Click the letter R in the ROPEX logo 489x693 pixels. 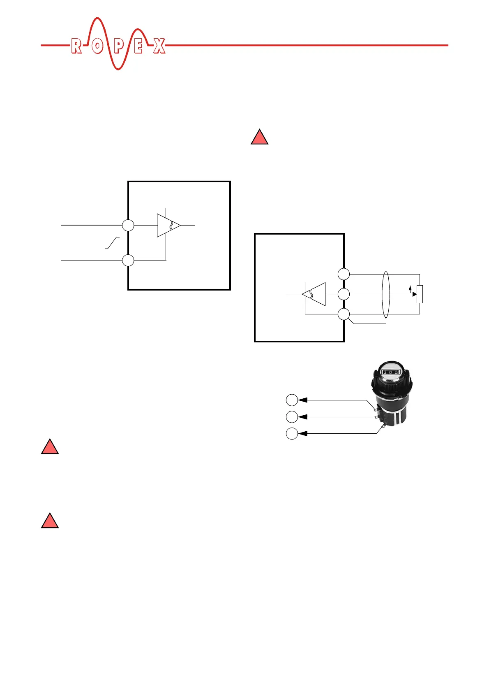76,46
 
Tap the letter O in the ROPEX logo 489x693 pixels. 97,46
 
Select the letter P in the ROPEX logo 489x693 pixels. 118,46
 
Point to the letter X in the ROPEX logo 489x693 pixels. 159,46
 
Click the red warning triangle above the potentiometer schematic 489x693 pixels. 260,137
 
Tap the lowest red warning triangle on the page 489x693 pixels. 50,521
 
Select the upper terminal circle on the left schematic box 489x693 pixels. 128,226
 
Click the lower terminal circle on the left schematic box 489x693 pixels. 128,260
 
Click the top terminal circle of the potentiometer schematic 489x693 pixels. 344,274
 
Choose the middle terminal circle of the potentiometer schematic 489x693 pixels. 344,294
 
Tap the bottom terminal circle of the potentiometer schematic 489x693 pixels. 344,314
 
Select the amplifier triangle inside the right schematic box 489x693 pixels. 314,294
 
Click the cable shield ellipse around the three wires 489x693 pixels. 385,295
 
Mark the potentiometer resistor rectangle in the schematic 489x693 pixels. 420,294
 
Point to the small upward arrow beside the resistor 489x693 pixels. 410,290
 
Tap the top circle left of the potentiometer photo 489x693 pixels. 292,400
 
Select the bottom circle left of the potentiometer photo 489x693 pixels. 292,434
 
